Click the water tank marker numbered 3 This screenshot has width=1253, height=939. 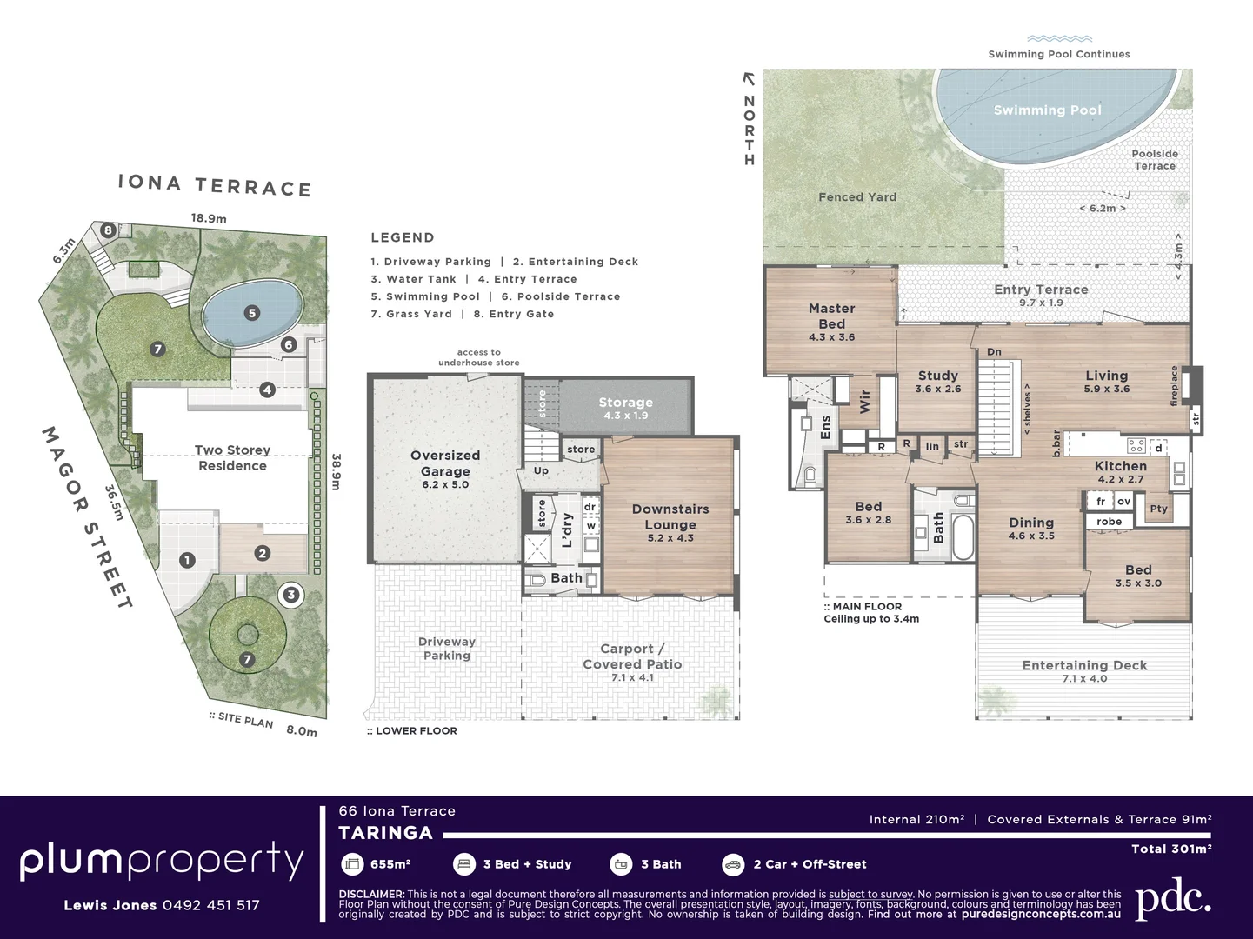[x=291, y=595]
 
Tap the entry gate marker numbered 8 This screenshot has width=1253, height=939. [x=108, y=230]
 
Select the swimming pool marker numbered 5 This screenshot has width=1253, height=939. [x=252, y=313]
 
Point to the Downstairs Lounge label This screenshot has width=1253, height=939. [x=670, y=516]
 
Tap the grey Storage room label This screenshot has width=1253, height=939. [x=626, y=403]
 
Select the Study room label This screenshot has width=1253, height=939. [x=938, y=376]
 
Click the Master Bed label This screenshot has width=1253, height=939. [x=832, y=316]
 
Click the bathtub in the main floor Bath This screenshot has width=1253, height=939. [x=963, y=536]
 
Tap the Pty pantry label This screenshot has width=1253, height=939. [x=1158, y=509]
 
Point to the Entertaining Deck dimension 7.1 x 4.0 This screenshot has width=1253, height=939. [x=1084, y=679]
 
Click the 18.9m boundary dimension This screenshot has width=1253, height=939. [x=209, y=218]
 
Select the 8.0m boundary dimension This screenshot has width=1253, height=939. [x=302, y=730]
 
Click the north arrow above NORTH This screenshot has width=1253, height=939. [x=749, y=79]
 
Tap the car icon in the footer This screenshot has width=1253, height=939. [x=733, y=865]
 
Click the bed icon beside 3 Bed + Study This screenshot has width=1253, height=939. [x=464, y=865]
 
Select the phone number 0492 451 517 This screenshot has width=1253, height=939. [x=210, y=905]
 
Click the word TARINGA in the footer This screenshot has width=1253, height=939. [x=386, y=833]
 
